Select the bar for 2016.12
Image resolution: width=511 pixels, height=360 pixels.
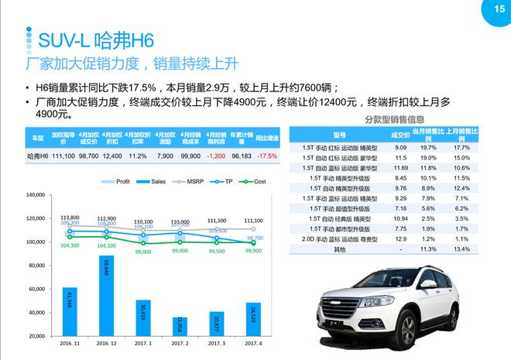point(107,297)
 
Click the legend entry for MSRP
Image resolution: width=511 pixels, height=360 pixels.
point(187,182)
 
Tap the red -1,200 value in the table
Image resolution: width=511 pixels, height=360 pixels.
point(215,156)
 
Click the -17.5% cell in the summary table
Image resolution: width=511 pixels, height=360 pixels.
point(267,156)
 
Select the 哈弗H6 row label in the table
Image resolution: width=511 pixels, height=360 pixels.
point(37,156)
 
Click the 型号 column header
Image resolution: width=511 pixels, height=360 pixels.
point(339,135)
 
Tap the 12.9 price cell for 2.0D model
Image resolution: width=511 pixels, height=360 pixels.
point(400,239)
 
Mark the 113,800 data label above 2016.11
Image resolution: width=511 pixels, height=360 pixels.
point(70,218)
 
